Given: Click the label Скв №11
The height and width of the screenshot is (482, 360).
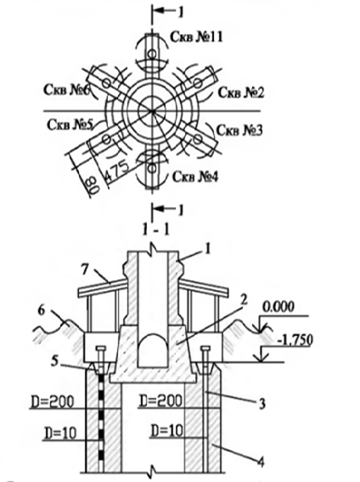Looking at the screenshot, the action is (196, 37).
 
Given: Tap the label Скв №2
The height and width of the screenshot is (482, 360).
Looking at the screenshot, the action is (241, 92).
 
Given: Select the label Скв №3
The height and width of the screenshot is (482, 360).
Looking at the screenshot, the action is (239, 131).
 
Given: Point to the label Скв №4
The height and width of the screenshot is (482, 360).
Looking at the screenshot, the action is (195, 177).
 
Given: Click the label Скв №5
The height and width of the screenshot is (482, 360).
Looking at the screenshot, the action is (70, 125).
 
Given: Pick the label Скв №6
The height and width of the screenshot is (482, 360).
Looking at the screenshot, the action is (67, 90).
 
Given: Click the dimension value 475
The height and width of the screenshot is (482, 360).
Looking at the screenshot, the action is (116, 171).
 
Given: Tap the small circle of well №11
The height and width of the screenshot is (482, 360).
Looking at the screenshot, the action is (152, 54).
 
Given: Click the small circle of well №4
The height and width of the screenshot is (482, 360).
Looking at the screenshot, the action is (152, 168).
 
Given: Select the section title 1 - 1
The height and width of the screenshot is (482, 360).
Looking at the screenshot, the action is (156, 230).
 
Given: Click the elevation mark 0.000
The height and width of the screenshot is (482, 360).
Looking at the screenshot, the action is (278, 307).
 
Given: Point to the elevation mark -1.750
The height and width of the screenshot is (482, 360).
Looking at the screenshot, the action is (295, 340).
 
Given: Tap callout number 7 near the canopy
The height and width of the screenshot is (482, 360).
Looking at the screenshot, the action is (85, 270).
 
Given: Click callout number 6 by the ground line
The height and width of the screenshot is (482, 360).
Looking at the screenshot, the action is (42, 311).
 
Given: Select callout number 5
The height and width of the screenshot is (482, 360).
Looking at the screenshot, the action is (54, 361).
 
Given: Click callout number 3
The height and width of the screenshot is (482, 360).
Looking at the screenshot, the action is (262, 404).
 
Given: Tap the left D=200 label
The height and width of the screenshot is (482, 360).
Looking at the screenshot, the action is (53, 401).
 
